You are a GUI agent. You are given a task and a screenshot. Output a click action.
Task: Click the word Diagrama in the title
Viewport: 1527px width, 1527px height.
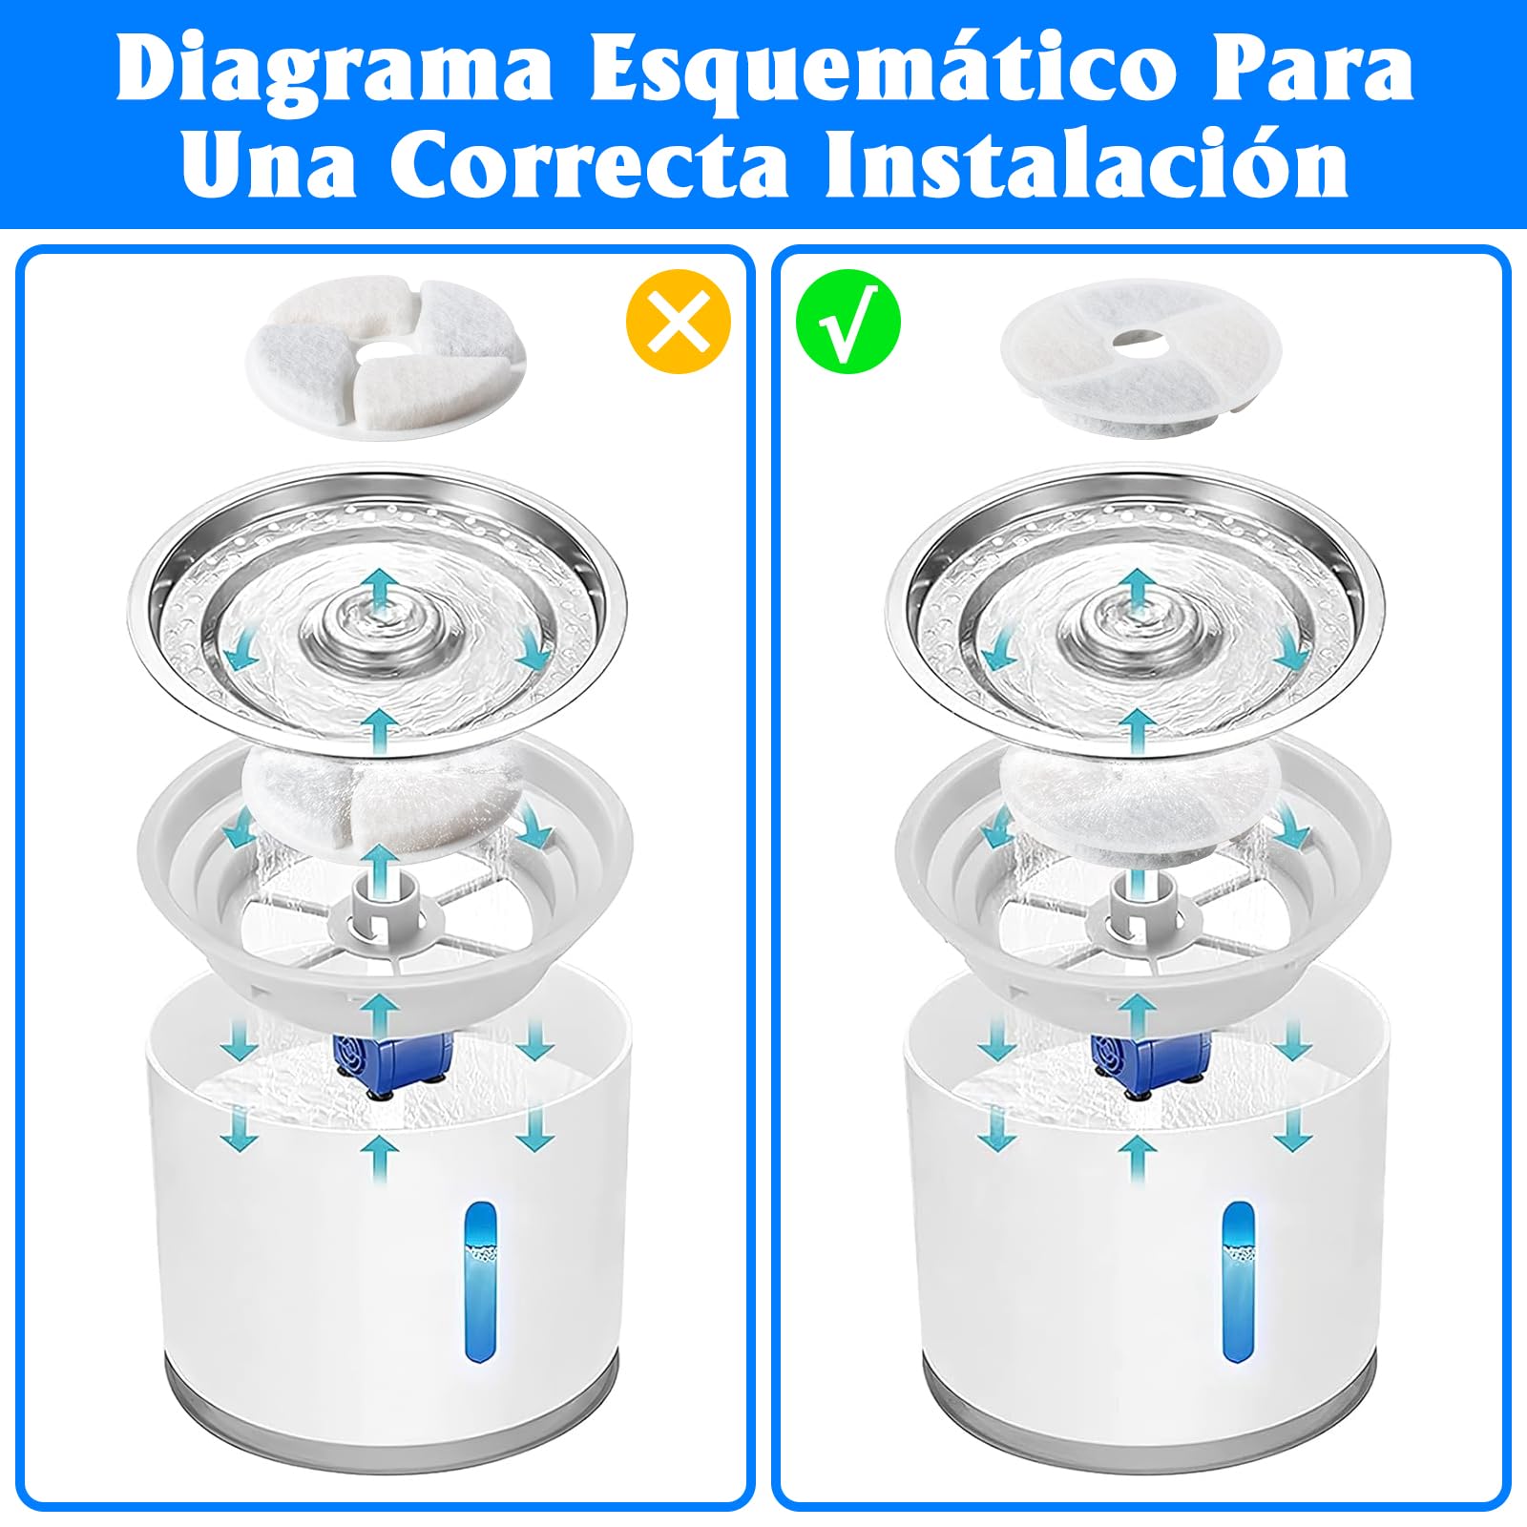point(334,72)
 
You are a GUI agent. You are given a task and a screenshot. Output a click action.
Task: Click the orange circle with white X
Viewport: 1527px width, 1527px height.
point(678,322)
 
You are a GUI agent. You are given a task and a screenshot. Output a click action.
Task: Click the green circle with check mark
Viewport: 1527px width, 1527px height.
point(847,322)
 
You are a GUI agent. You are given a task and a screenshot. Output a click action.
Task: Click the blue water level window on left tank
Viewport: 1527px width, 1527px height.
point(480,1280)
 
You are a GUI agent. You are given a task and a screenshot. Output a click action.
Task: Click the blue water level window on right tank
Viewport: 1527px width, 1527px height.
point(1238,1280)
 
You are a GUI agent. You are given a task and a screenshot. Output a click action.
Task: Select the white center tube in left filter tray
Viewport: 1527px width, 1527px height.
point(381,907)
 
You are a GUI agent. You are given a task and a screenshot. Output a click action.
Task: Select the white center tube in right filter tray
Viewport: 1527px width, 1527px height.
point(1138,907)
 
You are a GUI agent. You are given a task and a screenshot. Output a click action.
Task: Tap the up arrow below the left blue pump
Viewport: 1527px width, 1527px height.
point(381,1157)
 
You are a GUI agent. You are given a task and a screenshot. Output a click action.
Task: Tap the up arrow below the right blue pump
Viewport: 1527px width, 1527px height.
point(1137,1157)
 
